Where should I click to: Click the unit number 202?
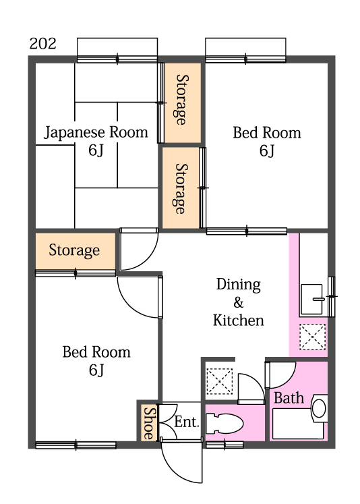(x=43, y=45)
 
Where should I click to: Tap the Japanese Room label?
(x=96, y=132)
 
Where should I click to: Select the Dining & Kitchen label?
(x=238, y=302)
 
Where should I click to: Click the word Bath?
(x=289, y=398)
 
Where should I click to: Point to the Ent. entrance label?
(x=187, y=422)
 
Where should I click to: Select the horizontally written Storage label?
(x=74, y=251)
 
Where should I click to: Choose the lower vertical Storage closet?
(x=181, y=188)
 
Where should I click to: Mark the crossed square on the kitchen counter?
(x=312, y=337)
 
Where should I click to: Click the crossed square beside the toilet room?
(x=219, y=381)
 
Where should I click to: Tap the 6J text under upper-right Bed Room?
(x=267, y=150)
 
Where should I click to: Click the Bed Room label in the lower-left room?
(x=96, y=352)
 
